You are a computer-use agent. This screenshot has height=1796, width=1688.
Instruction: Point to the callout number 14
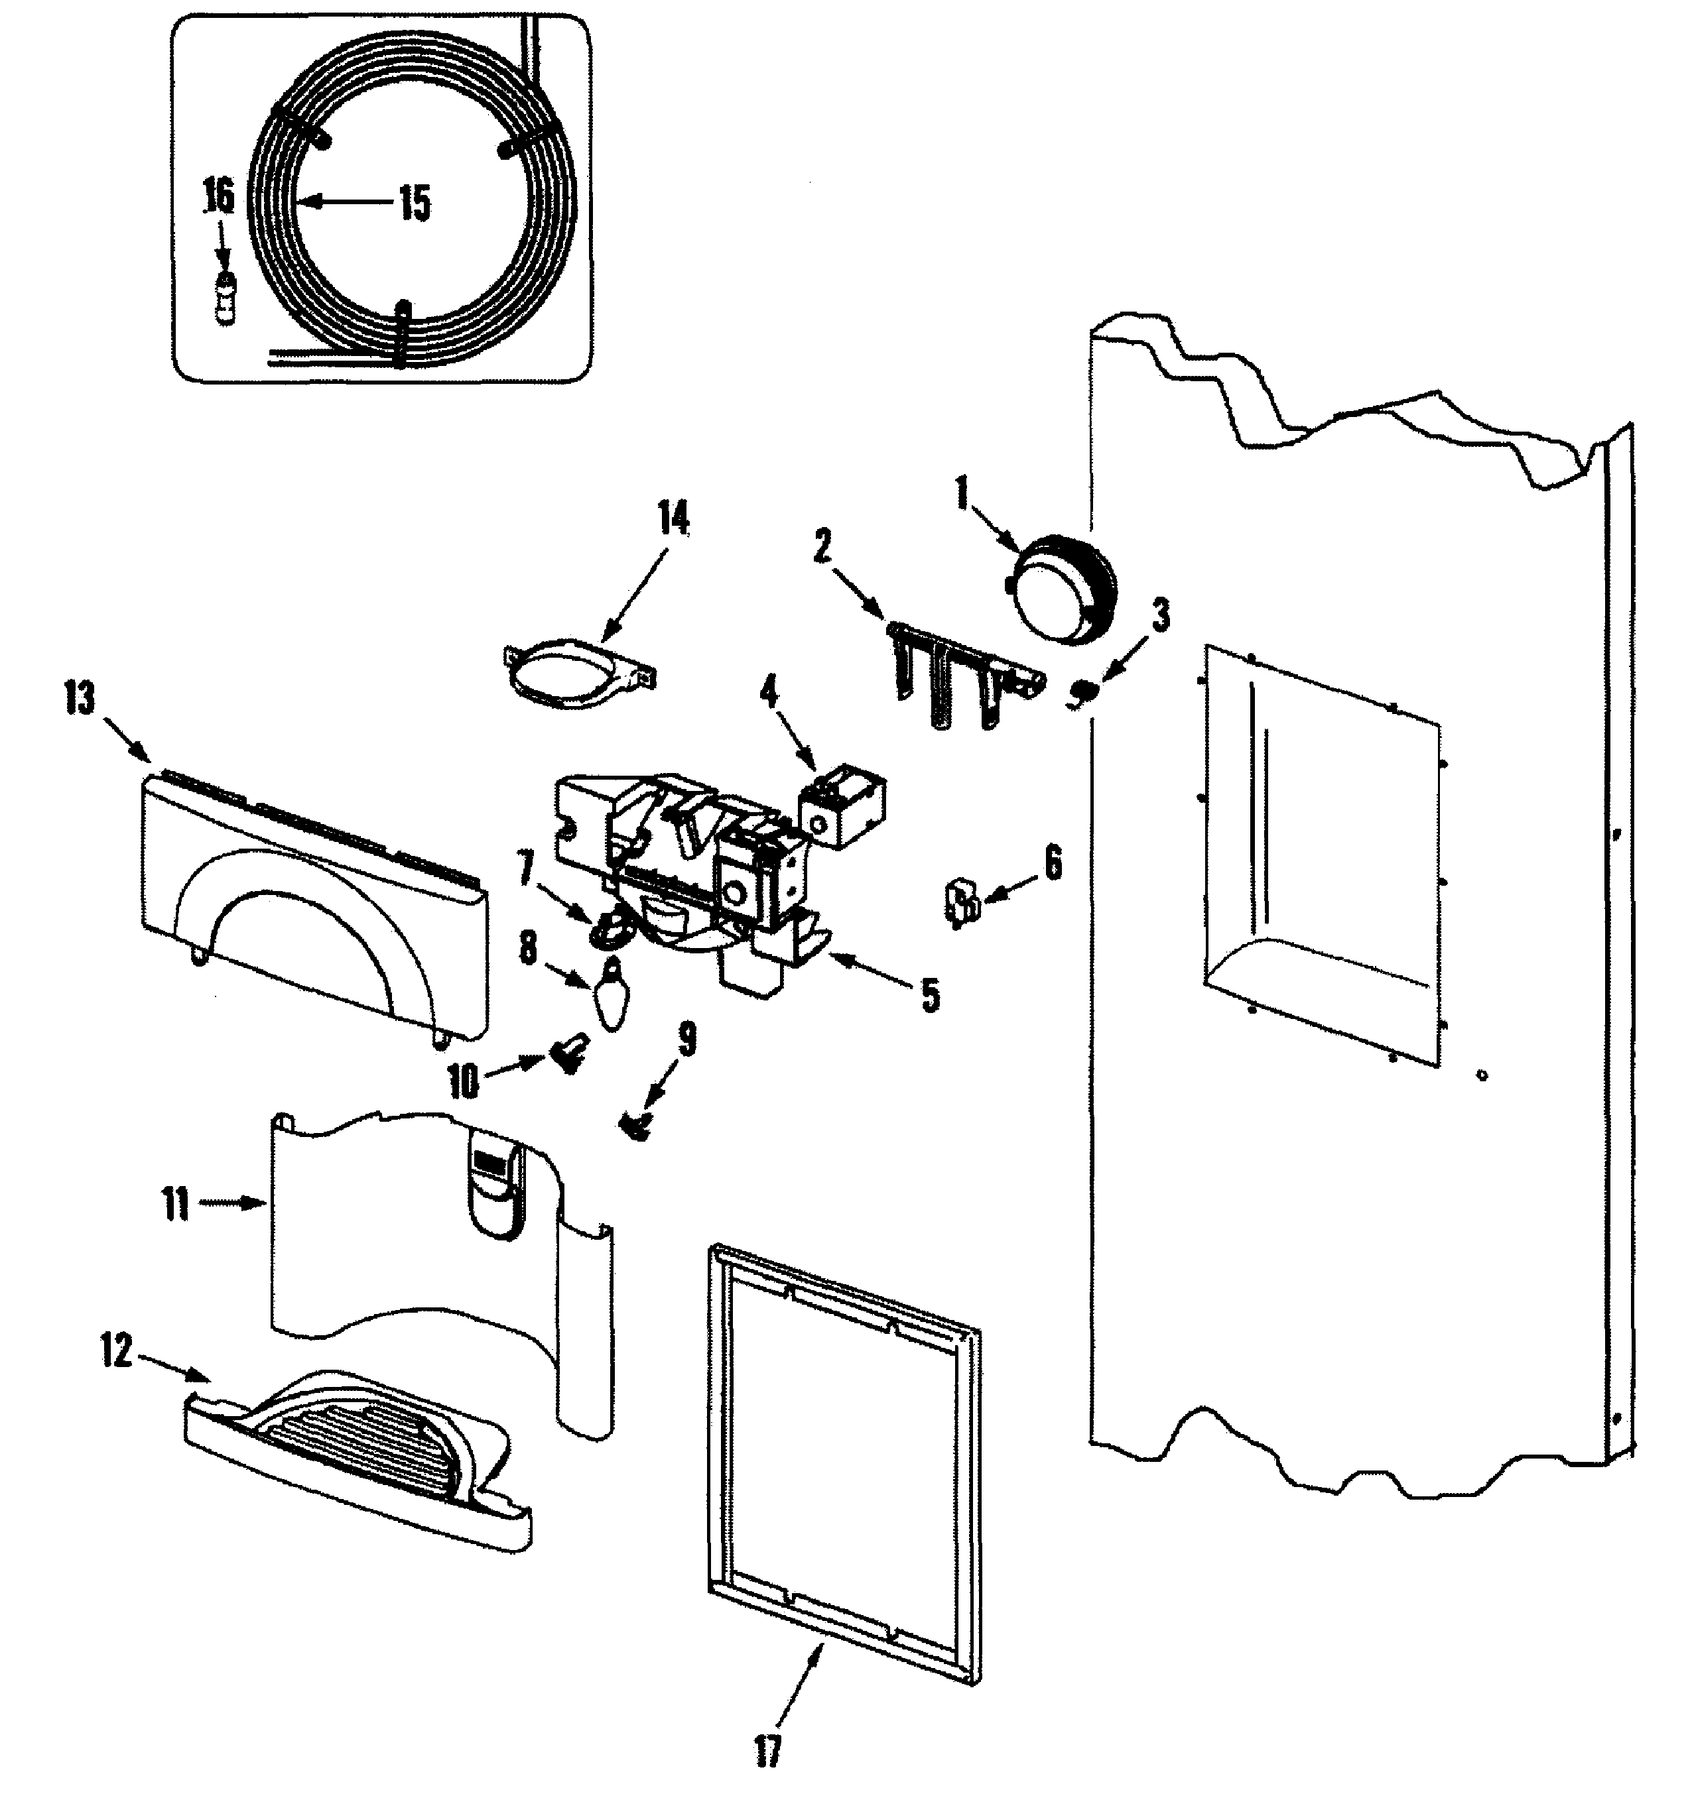(x=673, y=520)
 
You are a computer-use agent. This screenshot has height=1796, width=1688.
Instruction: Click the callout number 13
(x=80, y=699)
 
